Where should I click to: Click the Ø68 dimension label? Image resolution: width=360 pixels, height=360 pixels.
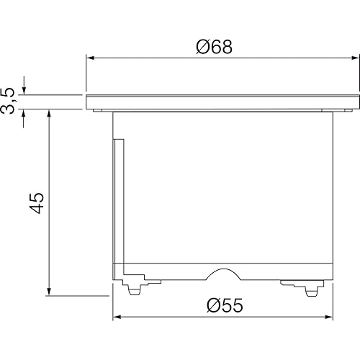214,47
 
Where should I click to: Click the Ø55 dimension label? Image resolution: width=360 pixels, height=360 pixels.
225,305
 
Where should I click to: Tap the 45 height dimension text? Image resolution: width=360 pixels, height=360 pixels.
37,203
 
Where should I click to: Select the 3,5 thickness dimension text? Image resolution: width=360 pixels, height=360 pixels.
8,101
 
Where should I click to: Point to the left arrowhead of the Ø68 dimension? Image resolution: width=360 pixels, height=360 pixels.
90,58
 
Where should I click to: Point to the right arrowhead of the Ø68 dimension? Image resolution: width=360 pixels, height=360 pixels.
356,58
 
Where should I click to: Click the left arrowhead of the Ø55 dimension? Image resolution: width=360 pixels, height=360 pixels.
117,317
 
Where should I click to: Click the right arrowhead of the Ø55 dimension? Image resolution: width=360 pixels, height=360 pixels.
329,317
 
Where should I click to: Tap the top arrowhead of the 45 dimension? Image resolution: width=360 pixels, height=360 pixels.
49,114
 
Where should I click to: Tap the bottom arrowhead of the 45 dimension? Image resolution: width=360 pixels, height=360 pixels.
49,292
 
